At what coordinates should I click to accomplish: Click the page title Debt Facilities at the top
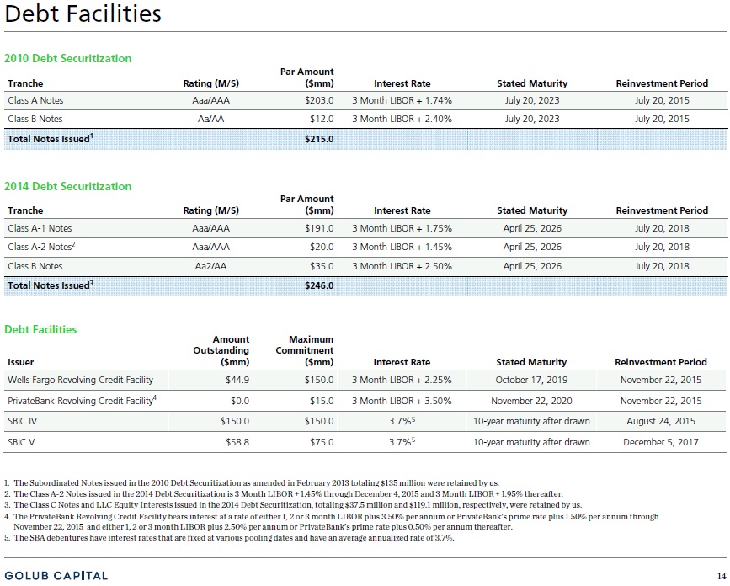[x=83, y=14]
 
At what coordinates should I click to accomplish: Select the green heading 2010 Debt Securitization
[x=68, y=59]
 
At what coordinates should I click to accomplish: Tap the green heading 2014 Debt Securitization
[x=68, y=187]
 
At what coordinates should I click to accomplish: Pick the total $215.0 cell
[x=319, y=139]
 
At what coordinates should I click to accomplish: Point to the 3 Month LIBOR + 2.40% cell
[x=402, y=120]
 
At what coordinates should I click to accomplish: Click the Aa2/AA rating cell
[x=210, y=266]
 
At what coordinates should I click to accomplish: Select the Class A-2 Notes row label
[x=41, y=247]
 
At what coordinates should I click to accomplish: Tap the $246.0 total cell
[x=319, y=285]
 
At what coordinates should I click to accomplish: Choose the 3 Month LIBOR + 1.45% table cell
[x=402, y=248]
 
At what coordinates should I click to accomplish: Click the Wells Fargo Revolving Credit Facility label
[x=81, y=380]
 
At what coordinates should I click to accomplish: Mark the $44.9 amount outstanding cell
[x=237, y=380]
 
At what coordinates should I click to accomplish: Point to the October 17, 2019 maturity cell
[x=531, y=380]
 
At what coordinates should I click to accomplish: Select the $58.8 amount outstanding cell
[x=237, y=442]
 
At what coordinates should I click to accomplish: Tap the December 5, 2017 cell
[x=661, y=442]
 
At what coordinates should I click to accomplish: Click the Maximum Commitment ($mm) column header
[x=305, y=350]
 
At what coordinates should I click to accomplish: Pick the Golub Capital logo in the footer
[x=56, y=576]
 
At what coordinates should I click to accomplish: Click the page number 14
[x=721, y=576]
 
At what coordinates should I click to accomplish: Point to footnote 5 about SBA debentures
[x=229, y=538]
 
